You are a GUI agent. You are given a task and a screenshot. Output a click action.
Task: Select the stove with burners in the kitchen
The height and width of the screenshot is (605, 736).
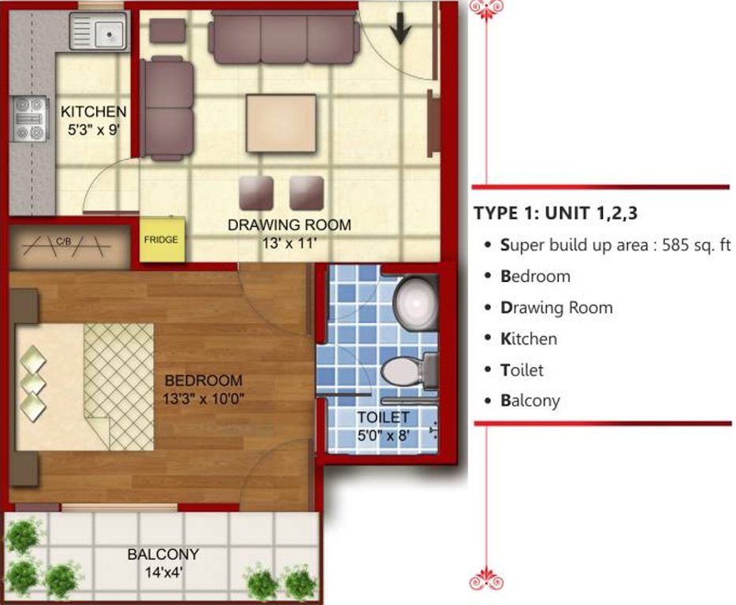(30, 119)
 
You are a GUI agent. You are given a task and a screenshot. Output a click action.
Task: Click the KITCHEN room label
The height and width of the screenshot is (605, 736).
(93, 111)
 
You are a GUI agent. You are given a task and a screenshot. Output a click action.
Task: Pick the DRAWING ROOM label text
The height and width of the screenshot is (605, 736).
(289, 225)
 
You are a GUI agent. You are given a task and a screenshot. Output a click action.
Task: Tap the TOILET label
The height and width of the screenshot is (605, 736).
(383, 418)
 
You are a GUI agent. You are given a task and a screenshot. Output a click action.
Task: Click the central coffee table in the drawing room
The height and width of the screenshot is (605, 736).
(281, 123)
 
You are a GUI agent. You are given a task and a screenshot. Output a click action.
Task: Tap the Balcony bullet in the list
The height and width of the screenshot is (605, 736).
(530, 400)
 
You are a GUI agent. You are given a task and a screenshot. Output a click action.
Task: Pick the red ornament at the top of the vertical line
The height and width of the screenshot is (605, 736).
(486, 7)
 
